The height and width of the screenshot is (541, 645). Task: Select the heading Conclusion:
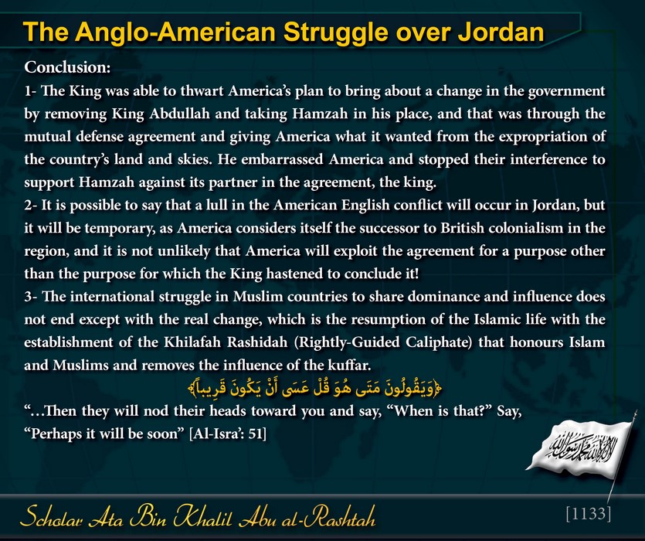click(x=67, y=67)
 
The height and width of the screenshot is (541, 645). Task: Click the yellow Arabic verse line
click(x=314, y=389)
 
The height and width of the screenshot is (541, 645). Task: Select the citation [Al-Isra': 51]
click(x=227, y=434)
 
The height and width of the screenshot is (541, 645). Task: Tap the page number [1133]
click(x=589, y=514)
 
